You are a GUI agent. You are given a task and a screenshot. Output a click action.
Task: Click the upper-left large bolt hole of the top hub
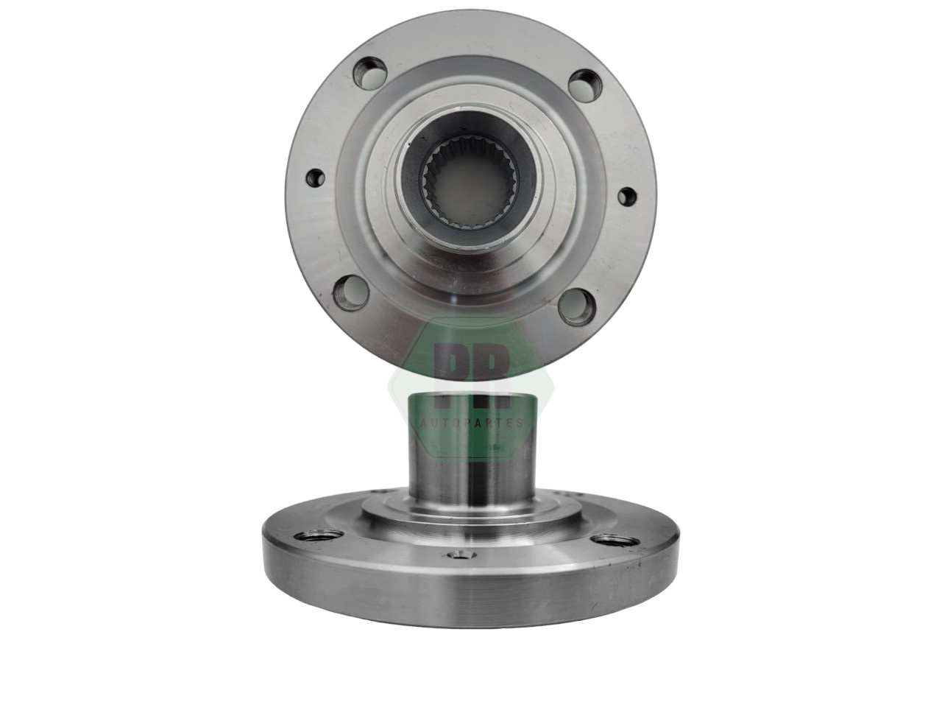click(x=370, y=74)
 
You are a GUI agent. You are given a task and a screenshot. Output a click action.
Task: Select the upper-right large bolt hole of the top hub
click(x=585, y=86)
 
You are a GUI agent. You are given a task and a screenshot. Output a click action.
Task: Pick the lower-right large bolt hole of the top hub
click(x=577, y=307)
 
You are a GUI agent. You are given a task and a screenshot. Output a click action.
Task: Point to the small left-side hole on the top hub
click(x=316, y=177)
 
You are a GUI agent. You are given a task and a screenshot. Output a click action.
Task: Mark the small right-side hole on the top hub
click(x=627, y=196)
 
